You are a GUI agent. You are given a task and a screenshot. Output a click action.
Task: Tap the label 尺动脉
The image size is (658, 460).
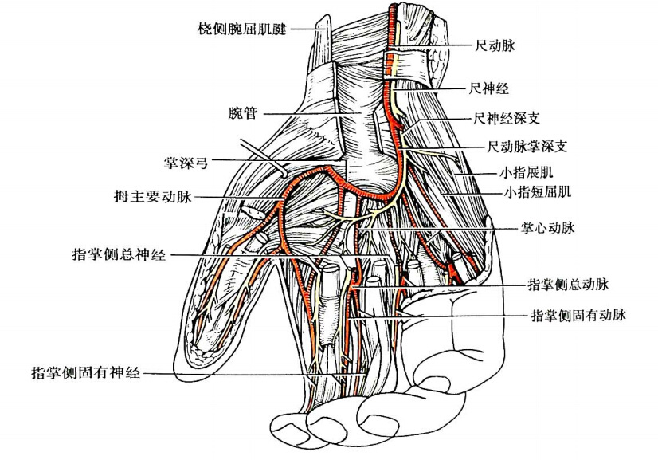pos(495,46)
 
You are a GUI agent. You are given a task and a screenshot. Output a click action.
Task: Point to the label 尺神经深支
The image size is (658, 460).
pos(507,119)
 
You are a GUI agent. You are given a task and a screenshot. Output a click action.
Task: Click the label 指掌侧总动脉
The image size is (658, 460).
pos(568,284)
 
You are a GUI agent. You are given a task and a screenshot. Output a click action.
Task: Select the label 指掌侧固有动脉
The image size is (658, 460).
pos(578,315)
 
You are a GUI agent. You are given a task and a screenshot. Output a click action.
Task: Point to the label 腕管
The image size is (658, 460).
pos(241,115)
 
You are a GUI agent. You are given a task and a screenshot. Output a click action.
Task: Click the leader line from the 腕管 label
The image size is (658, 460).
pos(311,115)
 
